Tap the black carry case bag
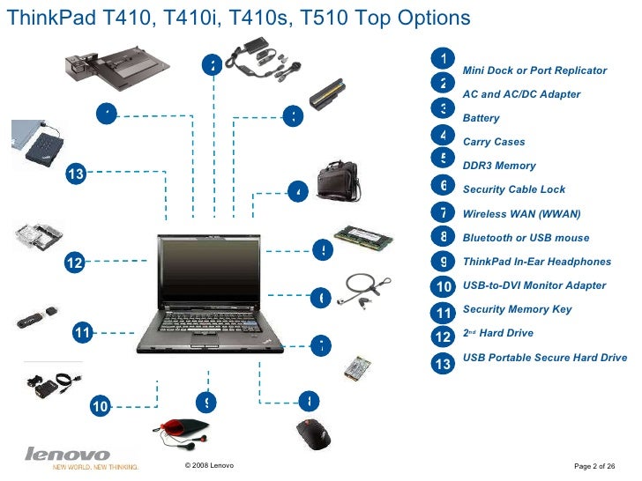click(338, 180)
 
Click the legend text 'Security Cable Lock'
click(514, 189)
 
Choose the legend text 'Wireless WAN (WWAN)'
click(522, 214)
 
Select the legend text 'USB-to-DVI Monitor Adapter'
click(534, 285)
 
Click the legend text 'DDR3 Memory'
click(499, 166)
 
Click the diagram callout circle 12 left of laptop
click(75, 262)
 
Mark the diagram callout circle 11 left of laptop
click(82, 332)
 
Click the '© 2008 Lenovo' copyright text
click(209, 465)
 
